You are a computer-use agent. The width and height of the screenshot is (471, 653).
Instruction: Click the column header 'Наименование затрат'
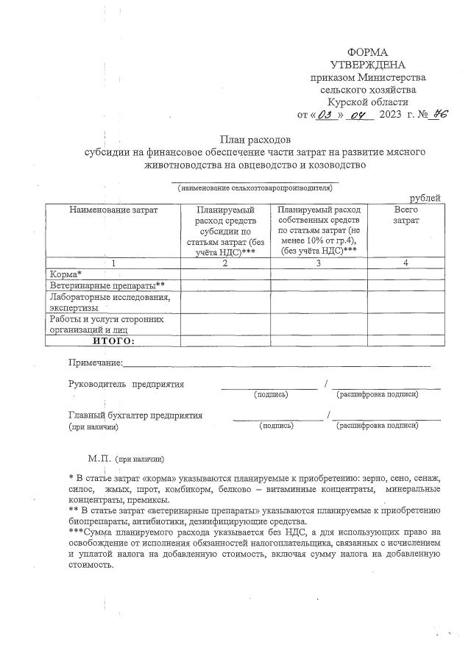point(113,210)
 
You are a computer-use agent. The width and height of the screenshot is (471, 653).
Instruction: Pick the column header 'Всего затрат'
point(406,215)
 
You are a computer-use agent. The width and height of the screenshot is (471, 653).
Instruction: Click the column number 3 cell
point(319,263)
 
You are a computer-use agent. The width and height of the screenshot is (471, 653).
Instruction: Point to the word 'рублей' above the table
point(425,198)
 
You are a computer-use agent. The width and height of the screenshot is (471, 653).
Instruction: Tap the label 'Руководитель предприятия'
point(126,384)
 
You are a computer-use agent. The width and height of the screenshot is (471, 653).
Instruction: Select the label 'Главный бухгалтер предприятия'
point(135,415)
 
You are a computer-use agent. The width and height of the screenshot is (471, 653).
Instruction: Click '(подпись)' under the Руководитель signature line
point(271,395)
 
